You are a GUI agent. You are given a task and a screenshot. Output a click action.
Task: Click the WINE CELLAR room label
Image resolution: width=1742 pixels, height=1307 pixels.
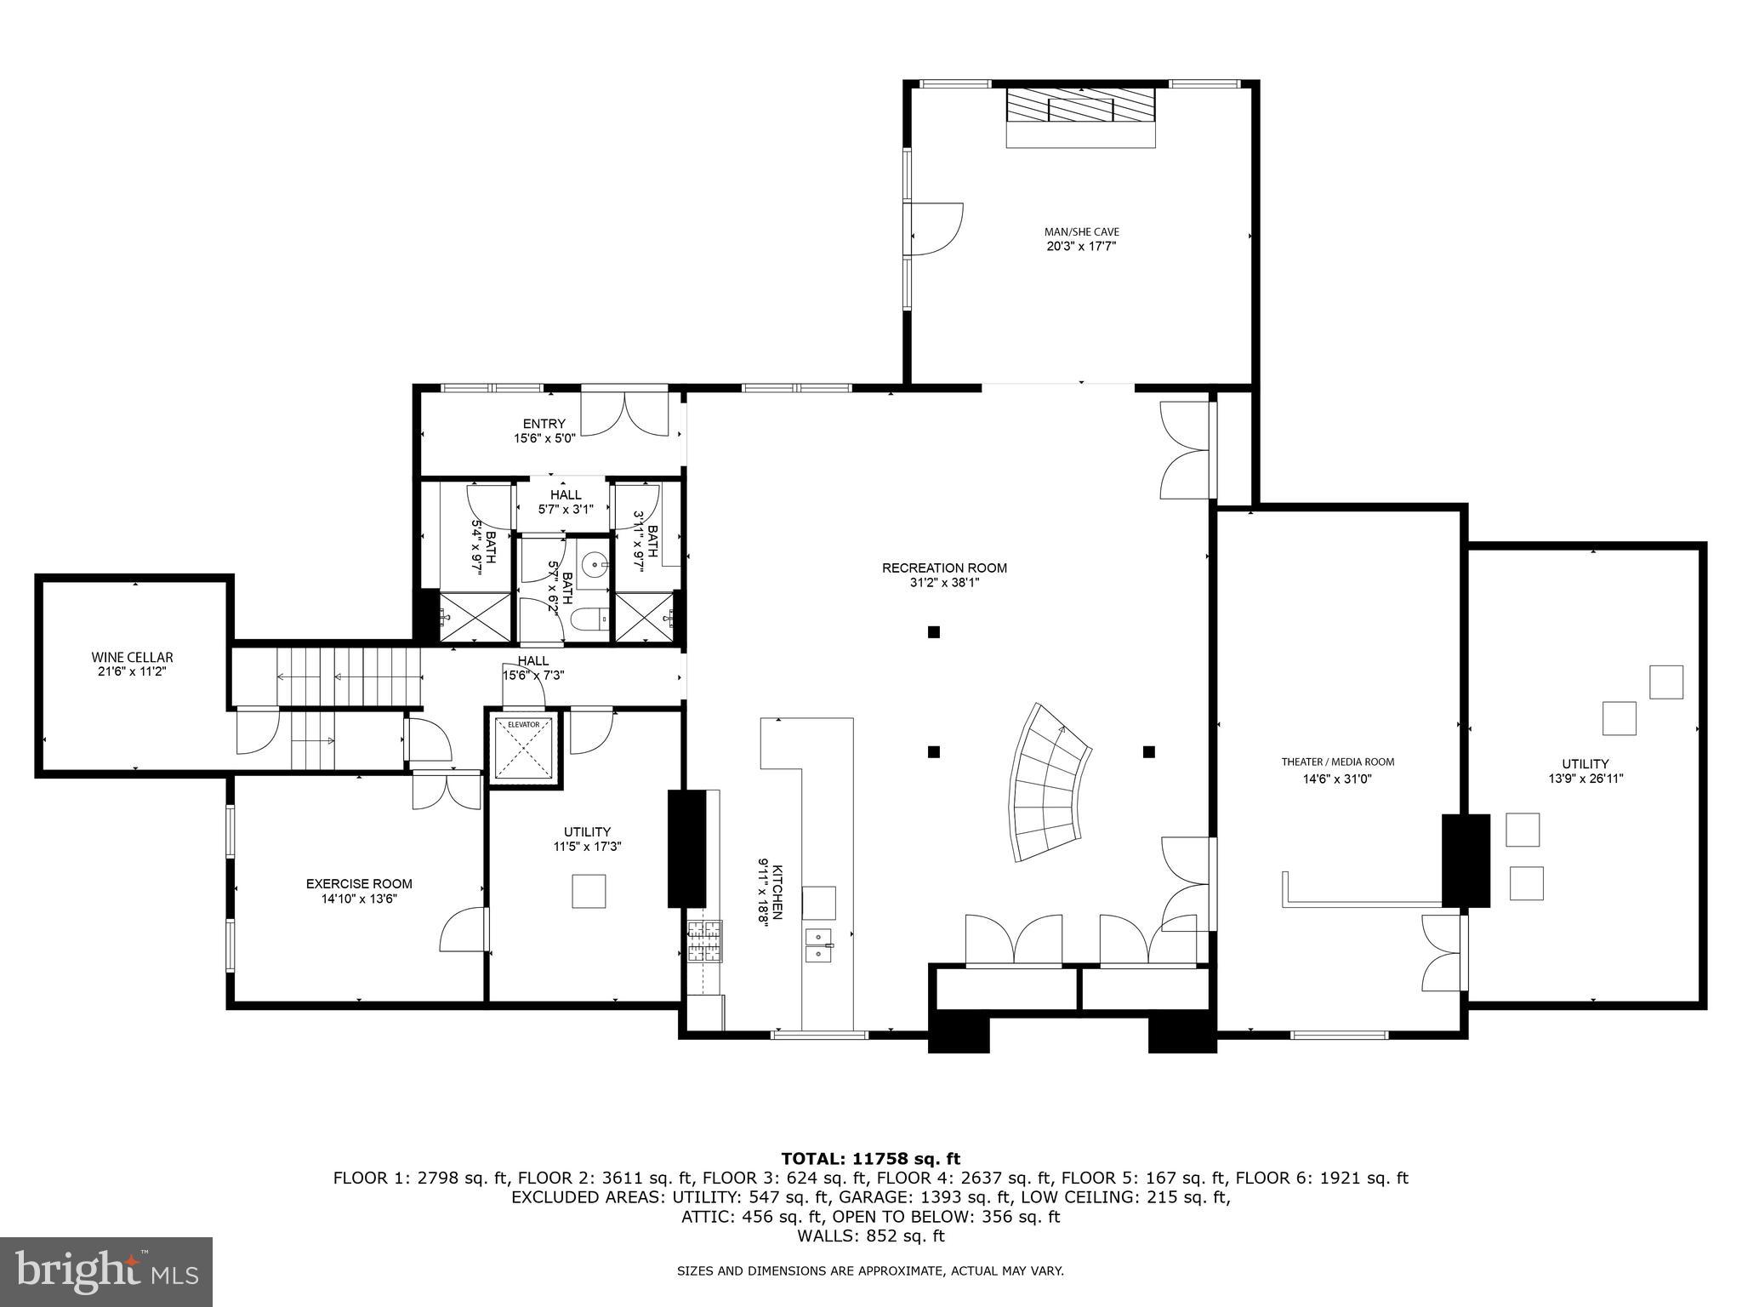pyautogui.click(x=132, y=657)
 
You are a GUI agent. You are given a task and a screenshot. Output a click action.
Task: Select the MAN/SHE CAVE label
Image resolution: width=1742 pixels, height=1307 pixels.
pyautogui.click(x=1081, y=231)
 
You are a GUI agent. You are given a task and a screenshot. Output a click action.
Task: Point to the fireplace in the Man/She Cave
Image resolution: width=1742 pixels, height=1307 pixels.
pyautogui.click(x=1080, y=110)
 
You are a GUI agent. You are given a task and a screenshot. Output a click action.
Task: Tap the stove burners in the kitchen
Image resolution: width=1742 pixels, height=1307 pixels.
pyautogui.click(x=704, y=942)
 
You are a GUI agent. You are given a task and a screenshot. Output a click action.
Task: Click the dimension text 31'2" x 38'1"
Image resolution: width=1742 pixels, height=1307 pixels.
pyautogui.click(x=944, y=583)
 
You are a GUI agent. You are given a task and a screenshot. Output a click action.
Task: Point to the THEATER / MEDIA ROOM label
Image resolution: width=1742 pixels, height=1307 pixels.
pyautogui.click(x=1338, y=762)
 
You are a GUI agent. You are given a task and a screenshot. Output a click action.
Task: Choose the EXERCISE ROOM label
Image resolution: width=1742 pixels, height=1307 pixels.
pyautogui.click(x=359, y=884)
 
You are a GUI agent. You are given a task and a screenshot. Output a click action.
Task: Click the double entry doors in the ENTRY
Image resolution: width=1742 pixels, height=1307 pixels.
pyautogui.click(x=625, y=414)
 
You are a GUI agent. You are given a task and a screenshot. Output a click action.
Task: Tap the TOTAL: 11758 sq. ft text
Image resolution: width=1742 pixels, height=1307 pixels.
pyautogui.click(x=870, y=1158)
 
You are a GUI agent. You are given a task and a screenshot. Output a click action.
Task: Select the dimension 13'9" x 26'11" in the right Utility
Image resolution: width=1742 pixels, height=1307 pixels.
pyautogui.click(x=1585, y=778)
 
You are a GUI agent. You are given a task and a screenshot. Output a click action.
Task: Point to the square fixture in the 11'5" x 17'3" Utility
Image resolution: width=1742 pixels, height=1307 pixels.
pyautogui.click(x=588, y=892)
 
